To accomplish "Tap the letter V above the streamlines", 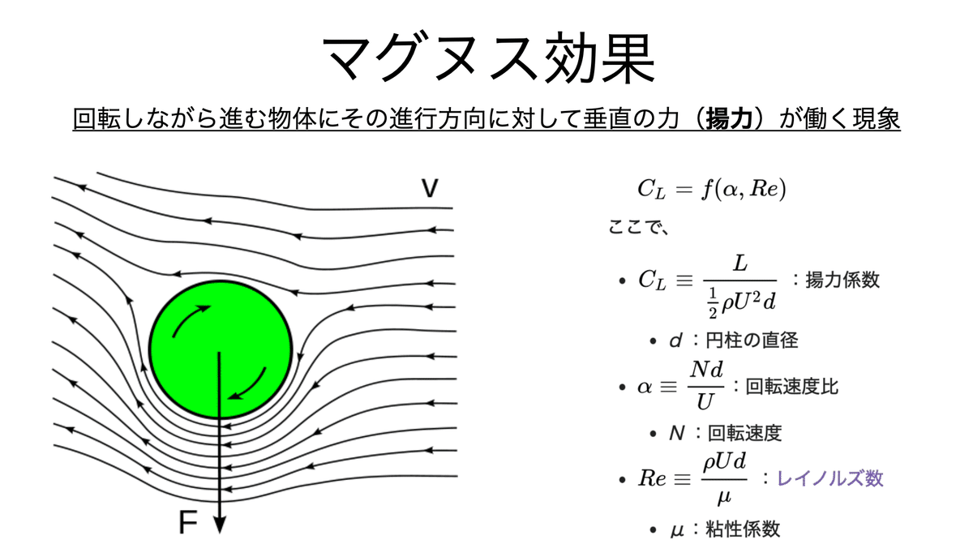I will click(x=430, y=189).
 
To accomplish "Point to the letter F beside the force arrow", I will click(x=187, y=524).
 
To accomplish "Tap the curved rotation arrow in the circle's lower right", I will click(x=251, y=384).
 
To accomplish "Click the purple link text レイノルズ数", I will click(x=830, y=478).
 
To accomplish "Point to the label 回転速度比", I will click(x=791, y=386).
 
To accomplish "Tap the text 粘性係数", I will click(x=744, y=529).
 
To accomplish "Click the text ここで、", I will click(x=638, y=228).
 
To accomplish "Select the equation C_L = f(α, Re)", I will click(x=712, y=189).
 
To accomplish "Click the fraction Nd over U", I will click(x=705, y=386).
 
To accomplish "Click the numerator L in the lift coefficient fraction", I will click(x=739, y=263).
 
